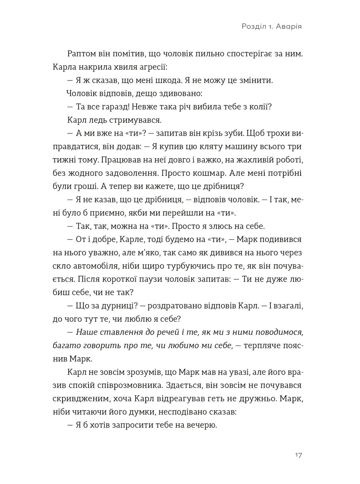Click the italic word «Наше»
(86, 332)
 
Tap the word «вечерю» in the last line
(202, 425)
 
